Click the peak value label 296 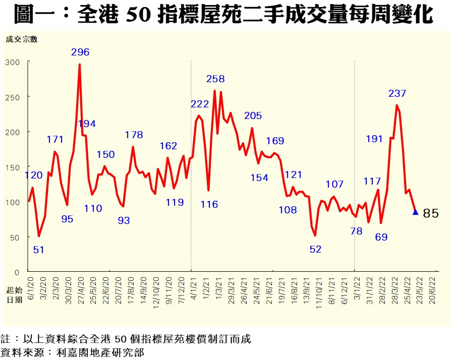point(80,52)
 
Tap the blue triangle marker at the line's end point(415,212)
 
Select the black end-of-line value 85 point(431,214)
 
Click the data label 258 point(215,79)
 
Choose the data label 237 point(397,94)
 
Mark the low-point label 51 point(38,249)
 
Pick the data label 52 point(315,249)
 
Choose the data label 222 point(200,104)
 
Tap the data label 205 point(253,116)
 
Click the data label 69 point(381,236)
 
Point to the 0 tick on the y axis point(17,272)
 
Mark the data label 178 point(134,135)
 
